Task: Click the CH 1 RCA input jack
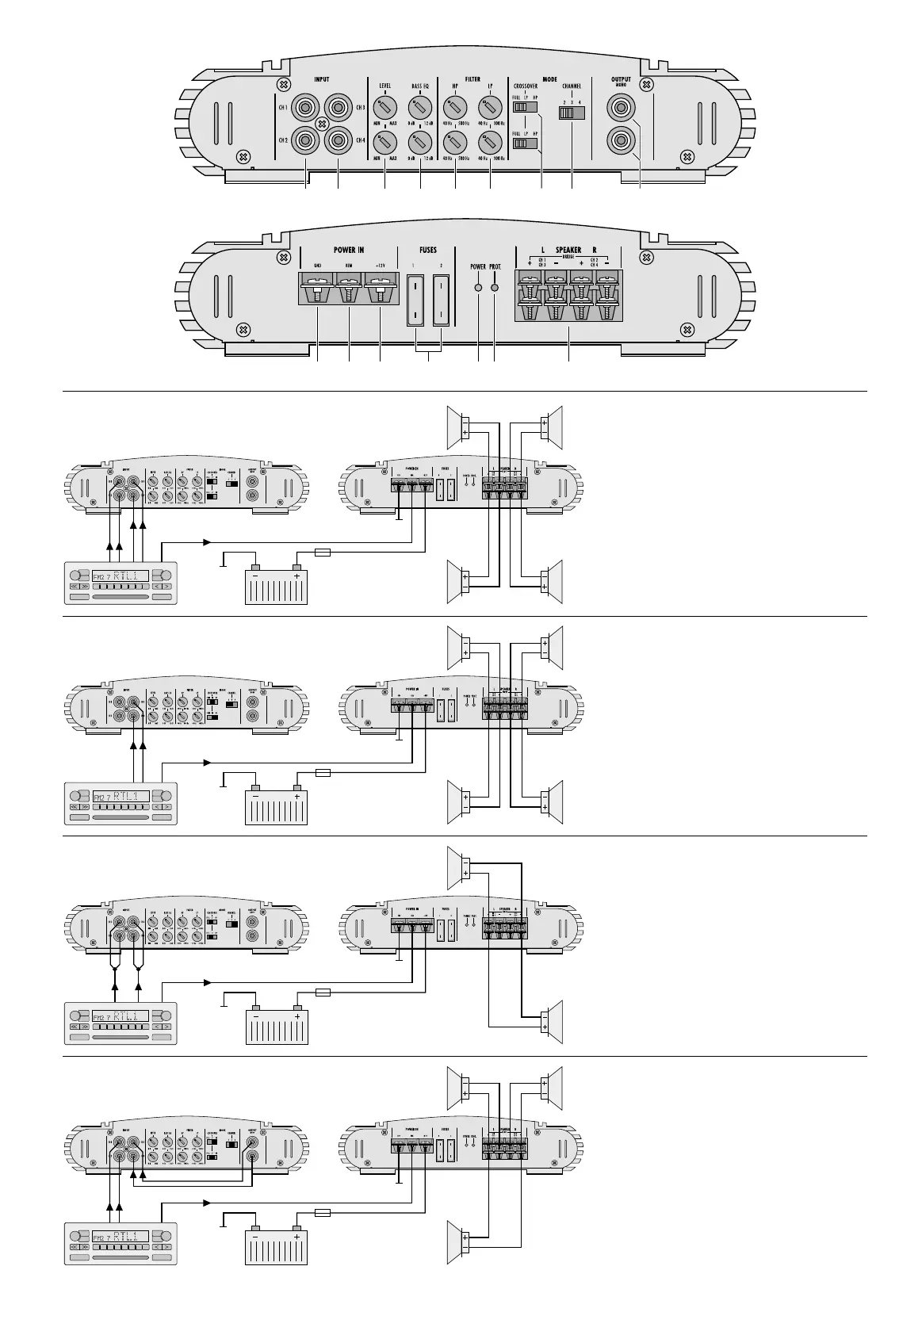click(x=305, y=106)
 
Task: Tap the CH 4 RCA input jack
click(x=338, y=141)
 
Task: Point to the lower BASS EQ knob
click(x=419, y=143)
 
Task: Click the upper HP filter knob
click(x=455, y=107)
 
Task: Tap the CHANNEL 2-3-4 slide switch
click(x=571, y=113)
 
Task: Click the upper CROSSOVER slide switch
click(x=525, y=106)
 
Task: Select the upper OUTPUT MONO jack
click(x=621, y=106)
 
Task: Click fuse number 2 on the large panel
click(x=441, y=300)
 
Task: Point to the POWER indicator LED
click(x=478, y=288)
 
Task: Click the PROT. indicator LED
click(x=495, y=288)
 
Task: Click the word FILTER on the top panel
click(x=472, y=79)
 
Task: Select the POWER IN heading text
click(x=349, y=250)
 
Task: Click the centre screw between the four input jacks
click(x=322, y=124)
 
